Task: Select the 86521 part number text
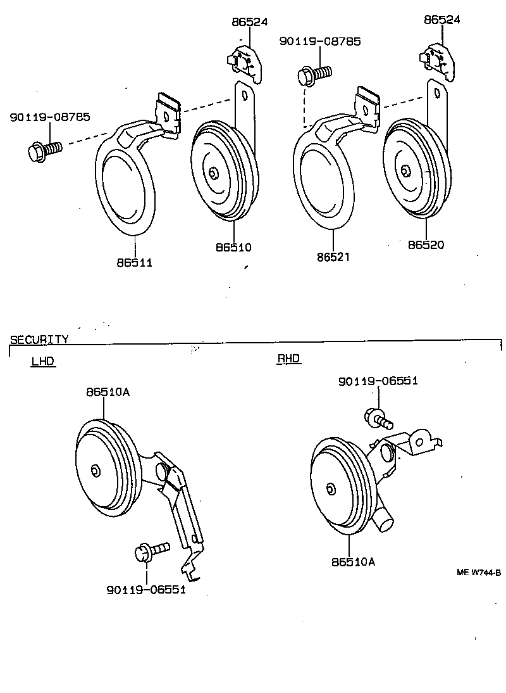tap(333, 257)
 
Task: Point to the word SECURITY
tap(39, 340)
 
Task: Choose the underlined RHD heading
tap(288, 359)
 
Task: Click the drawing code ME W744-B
tap(479, 573)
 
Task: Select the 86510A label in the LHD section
tap(108, 392)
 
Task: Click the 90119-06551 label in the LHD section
tap(146, 590)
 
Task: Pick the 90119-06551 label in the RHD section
tap(378, 381)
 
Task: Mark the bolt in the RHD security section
tap(378, 417)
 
